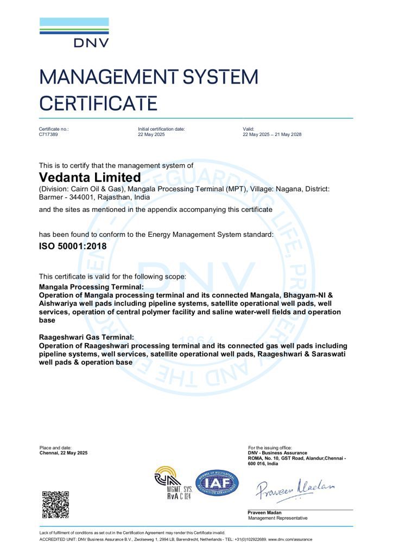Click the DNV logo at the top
tap(74, 33)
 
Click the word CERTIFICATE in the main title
tap(98, 102)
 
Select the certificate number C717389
tap(49, 134)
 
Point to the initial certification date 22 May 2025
tap(151, 134)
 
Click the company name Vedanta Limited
tap(90, 177)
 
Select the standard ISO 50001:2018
tap(73, 246)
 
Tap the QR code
tap(55, 504)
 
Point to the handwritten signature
tap(296, 488)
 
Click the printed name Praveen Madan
tap(265, 513)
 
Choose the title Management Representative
tap(277, 518)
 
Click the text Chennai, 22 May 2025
tap(64, 453)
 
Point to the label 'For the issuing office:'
tap(270, 448)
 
